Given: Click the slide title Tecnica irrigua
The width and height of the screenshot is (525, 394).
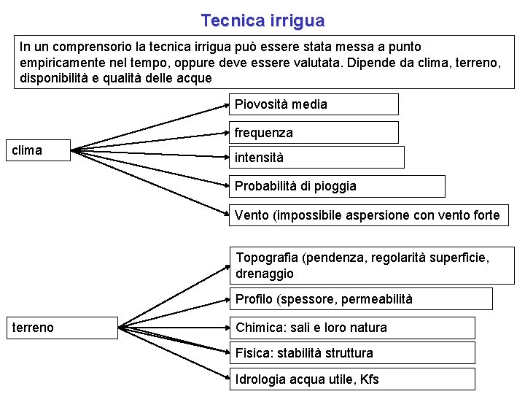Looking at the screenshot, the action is [262, 20].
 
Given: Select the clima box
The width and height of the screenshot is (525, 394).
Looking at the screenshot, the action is [41, 150].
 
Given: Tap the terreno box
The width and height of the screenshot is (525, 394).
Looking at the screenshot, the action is [62, 328].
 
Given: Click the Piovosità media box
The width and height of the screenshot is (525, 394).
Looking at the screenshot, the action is [314, 104].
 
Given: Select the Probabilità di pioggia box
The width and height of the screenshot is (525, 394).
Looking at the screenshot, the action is [336, 186].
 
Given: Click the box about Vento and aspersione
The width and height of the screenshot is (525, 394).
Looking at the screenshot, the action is [369, 215].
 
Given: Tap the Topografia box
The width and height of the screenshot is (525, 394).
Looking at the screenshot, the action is [372, 266].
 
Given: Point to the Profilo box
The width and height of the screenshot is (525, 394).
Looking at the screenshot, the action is [361, 298].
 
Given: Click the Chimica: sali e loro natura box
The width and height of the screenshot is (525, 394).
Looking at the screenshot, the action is [352, 328].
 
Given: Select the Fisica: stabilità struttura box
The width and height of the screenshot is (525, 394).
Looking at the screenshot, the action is [352, 353].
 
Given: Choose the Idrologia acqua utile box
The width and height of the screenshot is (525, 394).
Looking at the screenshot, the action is [352, 379].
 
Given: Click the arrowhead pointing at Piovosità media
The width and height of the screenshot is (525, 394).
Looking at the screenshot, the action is [226, 105].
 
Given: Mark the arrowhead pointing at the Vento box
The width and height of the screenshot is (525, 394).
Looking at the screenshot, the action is [226, 215].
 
